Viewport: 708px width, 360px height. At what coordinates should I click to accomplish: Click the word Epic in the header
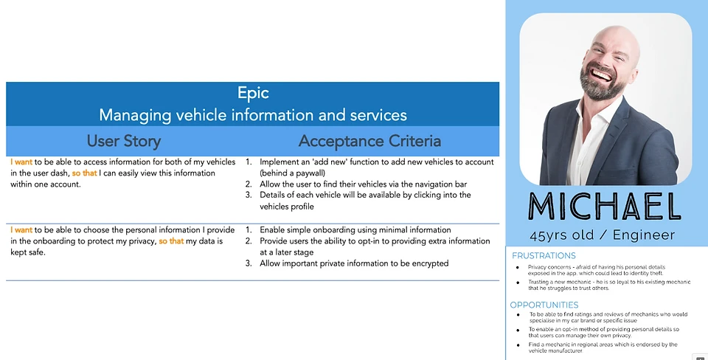tap(253, 93)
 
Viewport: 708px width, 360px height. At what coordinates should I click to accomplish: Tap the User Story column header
tap(123, 141)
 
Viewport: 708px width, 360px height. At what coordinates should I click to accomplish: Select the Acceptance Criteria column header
tap(369, 141)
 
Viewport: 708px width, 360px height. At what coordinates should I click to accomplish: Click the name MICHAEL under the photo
tap(605, 207)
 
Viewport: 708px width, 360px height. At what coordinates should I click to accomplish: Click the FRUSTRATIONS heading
tap(544, 256)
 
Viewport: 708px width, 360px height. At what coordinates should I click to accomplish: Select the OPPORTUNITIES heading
tap(544, 305)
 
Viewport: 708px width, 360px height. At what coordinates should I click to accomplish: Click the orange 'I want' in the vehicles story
tap(21, 162)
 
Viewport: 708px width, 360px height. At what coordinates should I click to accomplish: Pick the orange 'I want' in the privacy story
tap(21, 230)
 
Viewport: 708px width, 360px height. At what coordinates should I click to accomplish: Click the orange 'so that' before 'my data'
tap(171, 241)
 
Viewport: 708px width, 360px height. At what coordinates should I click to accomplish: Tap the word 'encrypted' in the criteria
tap(428, 263)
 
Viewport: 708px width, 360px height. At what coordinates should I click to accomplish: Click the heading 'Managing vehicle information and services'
tap(253, 115)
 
